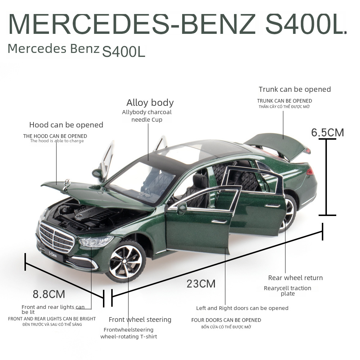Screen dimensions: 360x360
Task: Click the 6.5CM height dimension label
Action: (328, 132)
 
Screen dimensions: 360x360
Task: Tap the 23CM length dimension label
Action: (201, 284)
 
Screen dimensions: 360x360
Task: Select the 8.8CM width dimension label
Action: (49, 294)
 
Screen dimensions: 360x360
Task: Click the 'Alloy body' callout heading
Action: (150, 103)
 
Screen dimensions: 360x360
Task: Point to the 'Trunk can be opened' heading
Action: (294, 89)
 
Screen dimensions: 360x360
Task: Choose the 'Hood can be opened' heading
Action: (66, 125)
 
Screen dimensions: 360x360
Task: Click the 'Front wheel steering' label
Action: (140, 320)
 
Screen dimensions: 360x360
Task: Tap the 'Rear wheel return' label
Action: (295, 278)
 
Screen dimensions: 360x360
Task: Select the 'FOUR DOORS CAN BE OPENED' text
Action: (226, 320)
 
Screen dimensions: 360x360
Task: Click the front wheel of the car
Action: (126, 260)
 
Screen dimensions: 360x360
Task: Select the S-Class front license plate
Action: (53, 255)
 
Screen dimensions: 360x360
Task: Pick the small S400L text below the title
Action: (123, 51)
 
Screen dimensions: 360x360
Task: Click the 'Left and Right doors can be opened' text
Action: (242, 308)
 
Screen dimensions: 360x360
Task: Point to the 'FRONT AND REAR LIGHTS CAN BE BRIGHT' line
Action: (52, 319)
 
